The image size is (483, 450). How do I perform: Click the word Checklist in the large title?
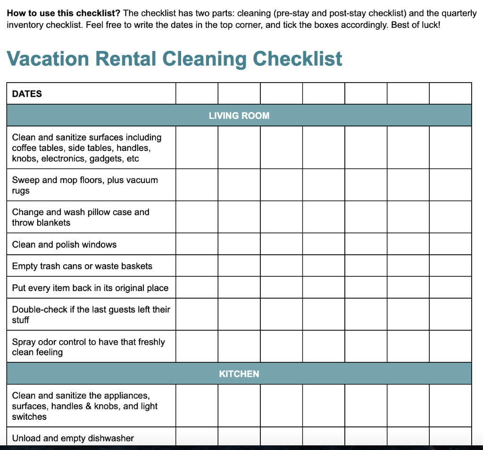click(x=297, y=59)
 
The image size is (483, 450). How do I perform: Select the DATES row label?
click(x=27, y=94)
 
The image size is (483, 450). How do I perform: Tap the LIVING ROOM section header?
click(x=239, y=116)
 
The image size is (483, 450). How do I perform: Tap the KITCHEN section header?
click(x=239, y=374)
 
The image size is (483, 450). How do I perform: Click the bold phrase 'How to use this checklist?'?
click(x=64, y=13)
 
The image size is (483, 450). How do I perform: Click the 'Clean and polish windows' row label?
click(x=64, y=244)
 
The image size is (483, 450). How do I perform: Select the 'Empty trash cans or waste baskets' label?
click(x=82, y=266)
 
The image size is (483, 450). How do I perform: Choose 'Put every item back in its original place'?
click(x=90, y=288)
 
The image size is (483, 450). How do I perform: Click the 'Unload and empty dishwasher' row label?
click(x=73, y=438)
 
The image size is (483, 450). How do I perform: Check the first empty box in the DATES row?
click(x=197, y=93)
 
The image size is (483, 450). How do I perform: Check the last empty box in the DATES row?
click(x=450, y=93)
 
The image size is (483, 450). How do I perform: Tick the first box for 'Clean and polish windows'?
click(x=197, y=244)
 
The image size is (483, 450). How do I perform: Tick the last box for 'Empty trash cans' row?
click(x=450, y=266)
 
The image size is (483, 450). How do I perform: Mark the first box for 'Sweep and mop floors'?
click(x=197, y=185)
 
